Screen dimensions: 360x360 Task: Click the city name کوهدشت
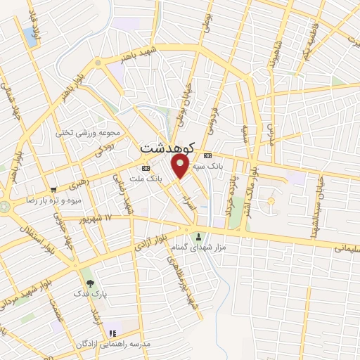click(165, 148)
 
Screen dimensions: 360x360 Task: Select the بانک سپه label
click(226, 167)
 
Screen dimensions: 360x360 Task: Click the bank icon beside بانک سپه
click(207, 156)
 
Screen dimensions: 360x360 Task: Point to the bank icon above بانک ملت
click(146, 169)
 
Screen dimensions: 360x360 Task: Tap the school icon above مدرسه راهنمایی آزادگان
click(111, 333)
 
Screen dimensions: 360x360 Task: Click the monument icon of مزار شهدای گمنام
click(199, 236)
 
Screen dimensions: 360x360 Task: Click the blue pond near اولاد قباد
click(31, 34)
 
